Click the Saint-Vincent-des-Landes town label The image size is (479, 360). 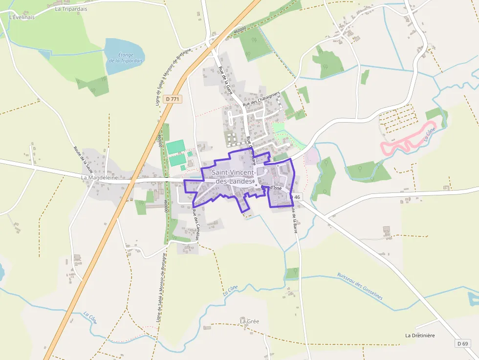(x=233, y=177)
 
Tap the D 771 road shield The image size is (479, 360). (x=173, y=99)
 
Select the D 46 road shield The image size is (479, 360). (x=296, y=197)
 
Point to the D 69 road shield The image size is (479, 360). (x=463, y=343)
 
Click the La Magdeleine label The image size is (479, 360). (x=100, y=178)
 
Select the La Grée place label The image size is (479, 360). (x=249, y=321)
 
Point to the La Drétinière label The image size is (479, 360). (x=420, y=336)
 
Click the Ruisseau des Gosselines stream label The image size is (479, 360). (x=360, y=286)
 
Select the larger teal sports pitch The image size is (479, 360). (x=175, y=147)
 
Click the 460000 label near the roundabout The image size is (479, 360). (x=239, y=30)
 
